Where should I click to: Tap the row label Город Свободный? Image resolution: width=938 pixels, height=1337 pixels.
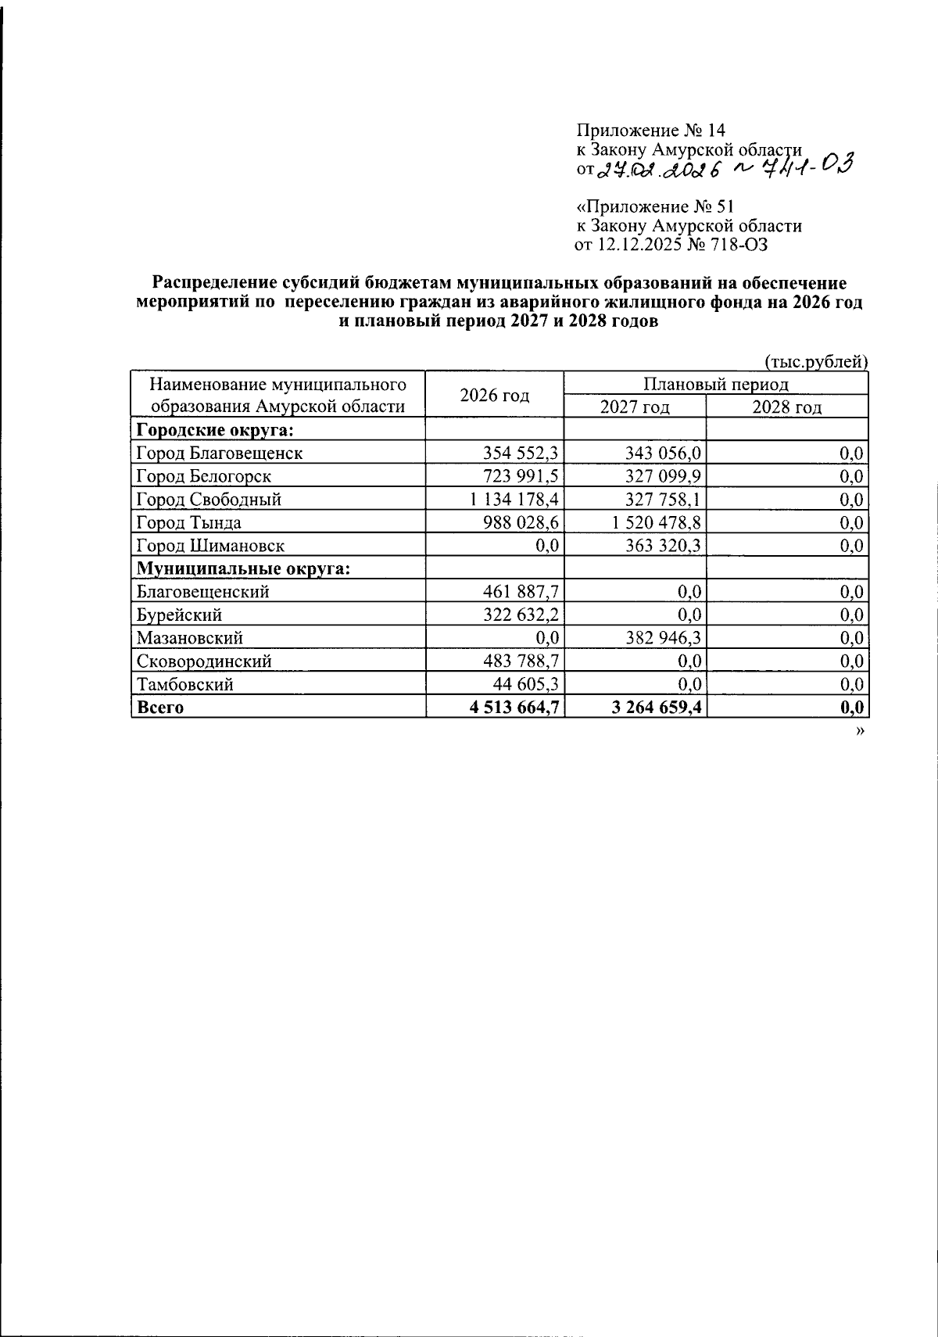pos(209,499)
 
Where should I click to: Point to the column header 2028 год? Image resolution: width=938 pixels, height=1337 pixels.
pos(786,407)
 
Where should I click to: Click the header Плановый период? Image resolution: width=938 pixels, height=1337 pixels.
pos(715,384)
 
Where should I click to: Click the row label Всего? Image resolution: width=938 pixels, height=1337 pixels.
pos(160,708)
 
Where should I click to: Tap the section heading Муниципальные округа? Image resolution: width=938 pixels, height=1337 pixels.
pos(243,568)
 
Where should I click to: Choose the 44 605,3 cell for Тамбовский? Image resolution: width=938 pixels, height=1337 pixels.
pos(524,684)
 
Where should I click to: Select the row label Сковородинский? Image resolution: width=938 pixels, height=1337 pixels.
pos(204,661)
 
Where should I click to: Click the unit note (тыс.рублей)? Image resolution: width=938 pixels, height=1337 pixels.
pos(815,361)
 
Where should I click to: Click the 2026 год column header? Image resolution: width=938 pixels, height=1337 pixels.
pos(494,395)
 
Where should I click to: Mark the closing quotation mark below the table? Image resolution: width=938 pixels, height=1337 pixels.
pos(861,730)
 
